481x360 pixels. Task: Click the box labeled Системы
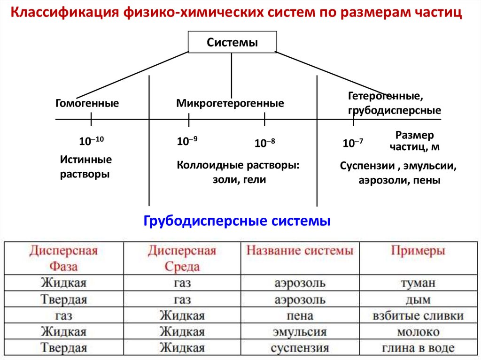[232, 43]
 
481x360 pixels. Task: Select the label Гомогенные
[87, 103]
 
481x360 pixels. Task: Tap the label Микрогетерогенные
[230, 103]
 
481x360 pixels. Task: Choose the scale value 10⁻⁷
[353, 143]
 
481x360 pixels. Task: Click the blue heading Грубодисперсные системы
[237, 221]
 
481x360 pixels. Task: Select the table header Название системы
[300, 251]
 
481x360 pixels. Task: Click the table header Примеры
[418, 251]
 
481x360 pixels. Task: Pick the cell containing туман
[418, 283]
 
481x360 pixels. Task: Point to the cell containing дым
[418, 299]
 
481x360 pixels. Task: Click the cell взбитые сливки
[418, 315]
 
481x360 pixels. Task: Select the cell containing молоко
[418, 332]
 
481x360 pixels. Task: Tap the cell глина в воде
[418, 348]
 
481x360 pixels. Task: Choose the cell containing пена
[300, 315]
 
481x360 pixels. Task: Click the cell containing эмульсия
[300, 332]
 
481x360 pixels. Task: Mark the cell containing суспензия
[300, 348]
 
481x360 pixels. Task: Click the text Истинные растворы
[85, 167]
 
